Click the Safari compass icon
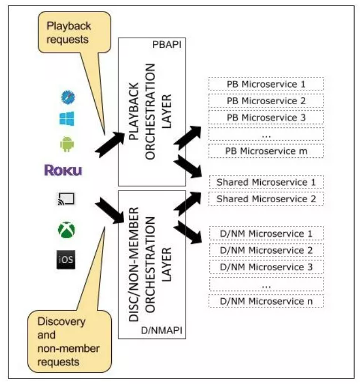click(x=68, y=97)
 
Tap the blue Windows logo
click(x=68, y=119)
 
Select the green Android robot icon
click(x=67, y=144)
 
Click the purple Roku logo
click(x=64, y=170)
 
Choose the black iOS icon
click(x=66, y=260)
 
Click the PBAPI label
click(x=165, y=43)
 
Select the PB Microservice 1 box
click(x=266, y=84)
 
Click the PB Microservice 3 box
click(x=266, y=117)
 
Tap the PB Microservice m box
click(x=266, y=150)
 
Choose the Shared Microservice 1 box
click(x=266, y=182)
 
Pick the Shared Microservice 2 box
click(x=266, y=199)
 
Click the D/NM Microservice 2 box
click(x=266, y=250)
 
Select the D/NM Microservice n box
click(x=266, y=301)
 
